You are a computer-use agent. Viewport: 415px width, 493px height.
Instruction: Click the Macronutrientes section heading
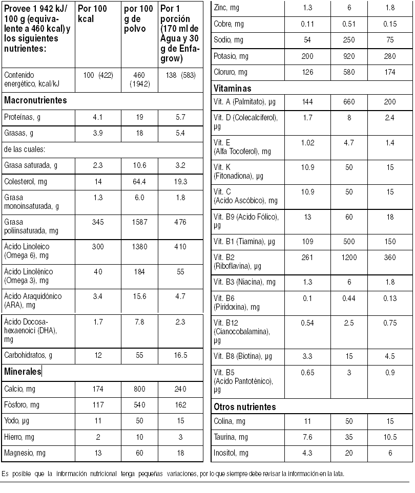click(x=35, y=100)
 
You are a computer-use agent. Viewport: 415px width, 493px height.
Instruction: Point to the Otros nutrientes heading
click(x=244, y=407)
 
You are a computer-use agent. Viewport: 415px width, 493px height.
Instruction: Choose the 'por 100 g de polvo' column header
click(x=138, y=18)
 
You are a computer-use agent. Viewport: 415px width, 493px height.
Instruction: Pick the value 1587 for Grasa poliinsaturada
click(x=139, y=223)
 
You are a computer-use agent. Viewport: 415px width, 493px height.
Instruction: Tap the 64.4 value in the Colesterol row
click(x=139, y=181)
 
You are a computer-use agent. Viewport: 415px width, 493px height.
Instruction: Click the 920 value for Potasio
click(x=349, y=56)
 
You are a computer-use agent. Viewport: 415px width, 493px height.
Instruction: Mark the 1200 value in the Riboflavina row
click(x=349, y=257)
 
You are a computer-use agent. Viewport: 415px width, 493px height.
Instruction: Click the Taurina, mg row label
click(x=231, y=437)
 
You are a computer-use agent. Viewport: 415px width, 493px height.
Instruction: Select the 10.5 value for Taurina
click(x=390, y=437)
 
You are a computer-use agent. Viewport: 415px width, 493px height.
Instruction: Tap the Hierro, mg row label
click(x=19, y=437)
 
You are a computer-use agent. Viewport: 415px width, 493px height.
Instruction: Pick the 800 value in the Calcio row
click(x=139, y=389)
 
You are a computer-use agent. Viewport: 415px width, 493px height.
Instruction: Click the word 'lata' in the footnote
click(x=339, y=473)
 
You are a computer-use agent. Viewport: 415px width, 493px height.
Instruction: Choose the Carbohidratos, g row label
click(x=28, y=355)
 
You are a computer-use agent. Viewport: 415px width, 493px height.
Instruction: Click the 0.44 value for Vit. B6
click(x=349, y=298)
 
